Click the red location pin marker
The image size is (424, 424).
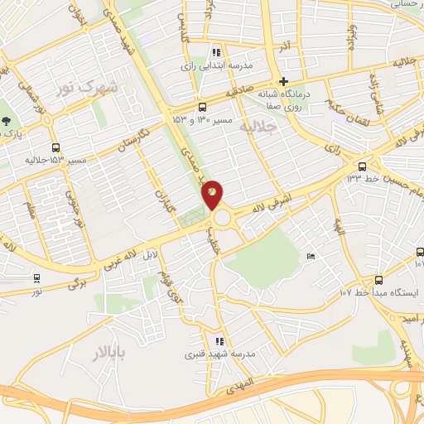(x=213, y=194)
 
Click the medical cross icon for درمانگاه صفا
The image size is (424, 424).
(x=284, y=81)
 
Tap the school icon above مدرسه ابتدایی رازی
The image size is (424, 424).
(x=217, y=51)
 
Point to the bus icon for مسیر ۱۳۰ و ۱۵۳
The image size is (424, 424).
(x=203, y=107)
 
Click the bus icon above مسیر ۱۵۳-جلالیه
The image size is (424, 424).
(x=55, y=145)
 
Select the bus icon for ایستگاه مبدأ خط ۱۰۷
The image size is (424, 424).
(x=378, y=280)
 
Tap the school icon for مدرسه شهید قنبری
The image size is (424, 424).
(x=219, y=340)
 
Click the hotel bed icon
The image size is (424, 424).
(x=311, y=256)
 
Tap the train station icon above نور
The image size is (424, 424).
(x=36, y=278)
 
